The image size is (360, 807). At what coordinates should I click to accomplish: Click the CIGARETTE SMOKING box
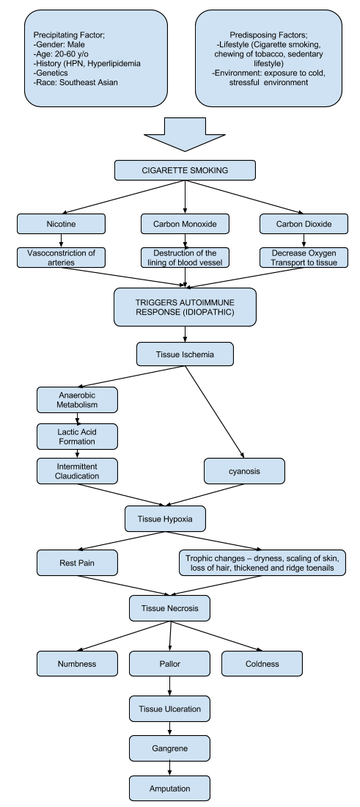click(185, 170)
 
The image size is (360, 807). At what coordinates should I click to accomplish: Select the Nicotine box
click(61, 224)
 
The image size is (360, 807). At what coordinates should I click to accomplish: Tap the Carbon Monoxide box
click(185, 224)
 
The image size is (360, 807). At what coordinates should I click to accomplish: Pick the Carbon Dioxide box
click(304, 224)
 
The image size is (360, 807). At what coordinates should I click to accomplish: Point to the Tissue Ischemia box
click(185, 354)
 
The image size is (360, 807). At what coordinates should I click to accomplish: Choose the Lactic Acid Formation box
click(77, 437)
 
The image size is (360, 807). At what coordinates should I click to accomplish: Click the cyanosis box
click(244, 471)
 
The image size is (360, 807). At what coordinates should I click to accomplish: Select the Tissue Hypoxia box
click(165, 519)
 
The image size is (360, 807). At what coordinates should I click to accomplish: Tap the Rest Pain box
click(77, 563)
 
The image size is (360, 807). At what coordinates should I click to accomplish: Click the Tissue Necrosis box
click(169, 608)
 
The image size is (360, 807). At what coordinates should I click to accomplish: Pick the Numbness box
click(77, 663)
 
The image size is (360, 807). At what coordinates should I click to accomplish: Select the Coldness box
click(262, 663)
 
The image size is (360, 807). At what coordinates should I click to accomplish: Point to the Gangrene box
click(169, 748)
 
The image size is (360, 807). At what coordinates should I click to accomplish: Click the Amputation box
click(169, 789)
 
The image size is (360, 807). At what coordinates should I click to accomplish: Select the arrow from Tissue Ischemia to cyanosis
click(214, 412)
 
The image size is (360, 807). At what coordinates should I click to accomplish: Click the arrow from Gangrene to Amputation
click(169, 768)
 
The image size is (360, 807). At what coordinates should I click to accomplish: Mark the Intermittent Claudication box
click(77, 471)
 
